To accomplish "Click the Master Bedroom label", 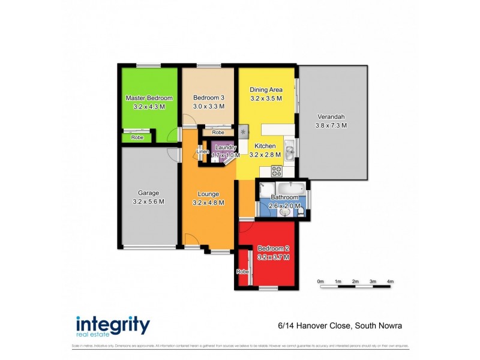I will click(149, 98).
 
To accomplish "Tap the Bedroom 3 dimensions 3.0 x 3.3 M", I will click(209, 106).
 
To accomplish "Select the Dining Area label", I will click(266, 90).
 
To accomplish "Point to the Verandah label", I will click(331, 117).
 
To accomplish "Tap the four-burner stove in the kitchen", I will click(277, 171).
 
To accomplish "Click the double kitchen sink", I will click(289, 149).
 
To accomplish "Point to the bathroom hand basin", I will click(284, 212).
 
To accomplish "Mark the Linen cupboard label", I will click(203, 151).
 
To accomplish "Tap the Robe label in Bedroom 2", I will click(242, 272).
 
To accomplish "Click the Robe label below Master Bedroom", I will click(137, 137).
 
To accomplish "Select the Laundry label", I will click(226, 147).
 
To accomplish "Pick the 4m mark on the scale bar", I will click(390, 281).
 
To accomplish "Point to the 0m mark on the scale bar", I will click(320, 281).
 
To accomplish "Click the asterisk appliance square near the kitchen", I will click(243, 131).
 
